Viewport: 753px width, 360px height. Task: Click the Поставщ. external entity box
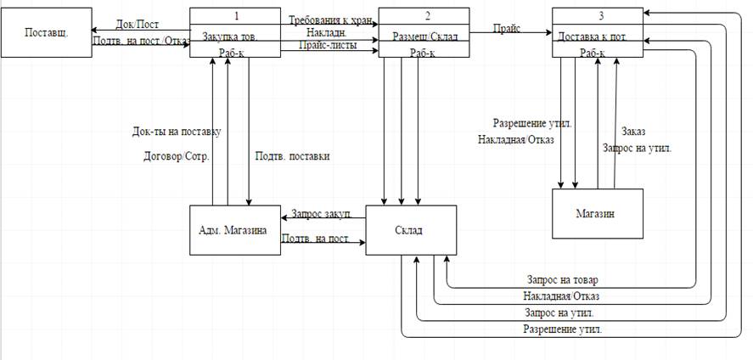[47, 33]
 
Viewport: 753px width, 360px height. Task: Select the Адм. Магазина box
[234, 230]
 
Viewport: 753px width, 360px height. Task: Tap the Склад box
[411, 229]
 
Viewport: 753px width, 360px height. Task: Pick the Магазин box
[597, 214]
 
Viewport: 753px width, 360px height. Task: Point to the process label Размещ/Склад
[423, 37]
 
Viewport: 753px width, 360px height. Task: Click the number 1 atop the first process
[234, 15]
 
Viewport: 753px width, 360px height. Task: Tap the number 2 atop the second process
[423, 15]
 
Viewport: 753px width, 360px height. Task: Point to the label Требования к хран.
[331, 20]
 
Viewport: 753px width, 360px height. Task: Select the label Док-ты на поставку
[177, 132]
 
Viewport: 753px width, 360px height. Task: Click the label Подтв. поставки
[292, 156]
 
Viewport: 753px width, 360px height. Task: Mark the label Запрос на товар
[562, 279]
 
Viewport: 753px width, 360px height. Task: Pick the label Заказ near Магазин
[633, 132]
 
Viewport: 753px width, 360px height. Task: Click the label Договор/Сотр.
[177, 156]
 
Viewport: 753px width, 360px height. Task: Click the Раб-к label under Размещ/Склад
[423, 53]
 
